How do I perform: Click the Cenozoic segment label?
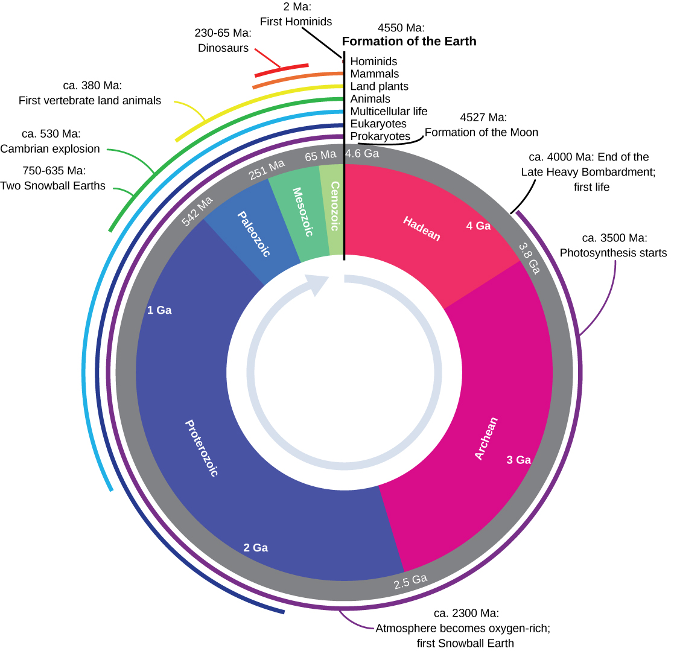(335, 206)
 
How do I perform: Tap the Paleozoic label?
(253, 234)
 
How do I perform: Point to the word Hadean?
(422, 229)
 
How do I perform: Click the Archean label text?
(486, 439)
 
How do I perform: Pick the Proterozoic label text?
(200, 448)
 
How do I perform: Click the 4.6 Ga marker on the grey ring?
(362, 154)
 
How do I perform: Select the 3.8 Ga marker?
(529, 257)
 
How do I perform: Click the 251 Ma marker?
(266, 170)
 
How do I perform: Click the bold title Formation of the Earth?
(409, 42)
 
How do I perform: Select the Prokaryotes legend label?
(380, 136)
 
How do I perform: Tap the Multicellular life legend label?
(389, 111)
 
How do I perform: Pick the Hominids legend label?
(374, 61)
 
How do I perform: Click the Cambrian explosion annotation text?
(50, 148)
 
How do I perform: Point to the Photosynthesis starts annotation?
(613, 253)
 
